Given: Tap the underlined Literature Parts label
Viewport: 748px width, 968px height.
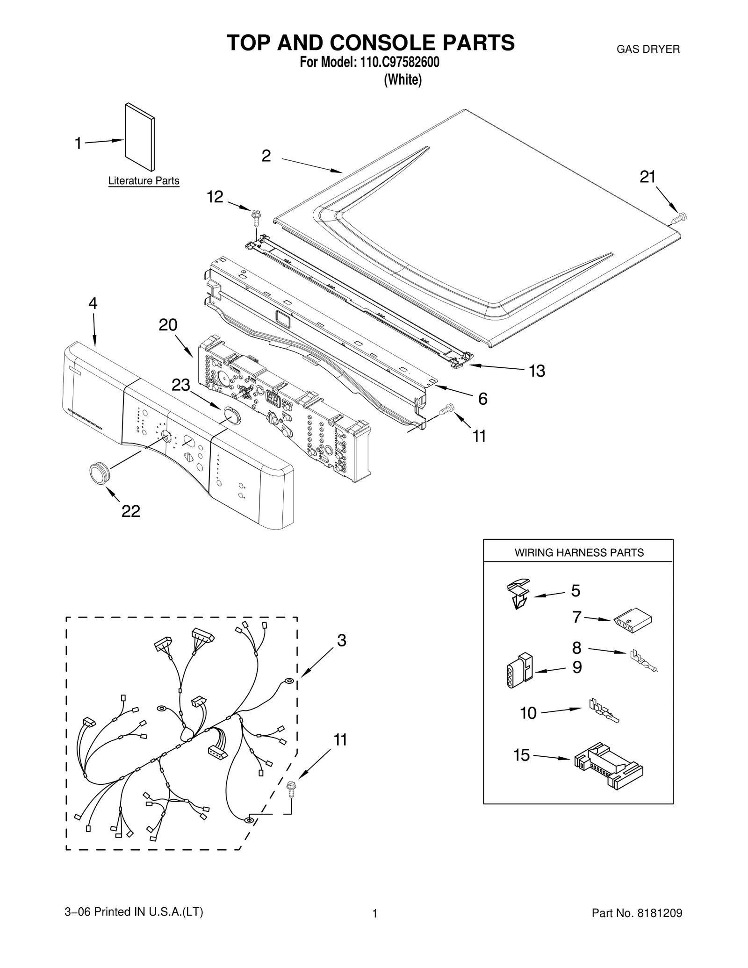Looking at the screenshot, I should point(144,181).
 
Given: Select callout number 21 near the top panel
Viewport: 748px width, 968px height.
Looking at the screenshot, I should point(647,177).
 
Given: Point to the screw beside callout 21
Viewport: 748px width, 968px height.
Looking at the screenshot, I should point(679,218).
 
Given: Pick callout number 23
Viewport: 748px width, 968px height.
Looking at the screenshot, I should point(181,385).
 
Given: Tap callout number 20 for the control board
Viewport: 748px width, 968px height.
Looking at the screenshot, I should point(168,325).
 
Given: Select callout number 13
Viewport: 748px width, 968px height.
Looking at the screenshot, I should point(537,371).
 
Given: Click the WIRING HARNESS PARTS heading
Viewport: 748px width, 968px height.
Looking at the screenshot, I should point(579,552).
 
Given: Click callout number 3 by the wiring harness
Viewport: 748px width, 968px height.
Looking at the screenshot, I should point(341,641).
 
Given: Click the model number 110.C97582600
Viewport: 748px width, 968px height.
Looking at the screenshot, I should point(399,62).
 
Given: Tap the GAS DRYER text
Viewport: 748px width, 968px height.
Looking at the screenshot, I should point(648,49).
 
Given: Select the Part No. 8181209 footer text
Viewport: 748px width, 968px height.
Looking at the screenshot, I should point(636,913).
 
